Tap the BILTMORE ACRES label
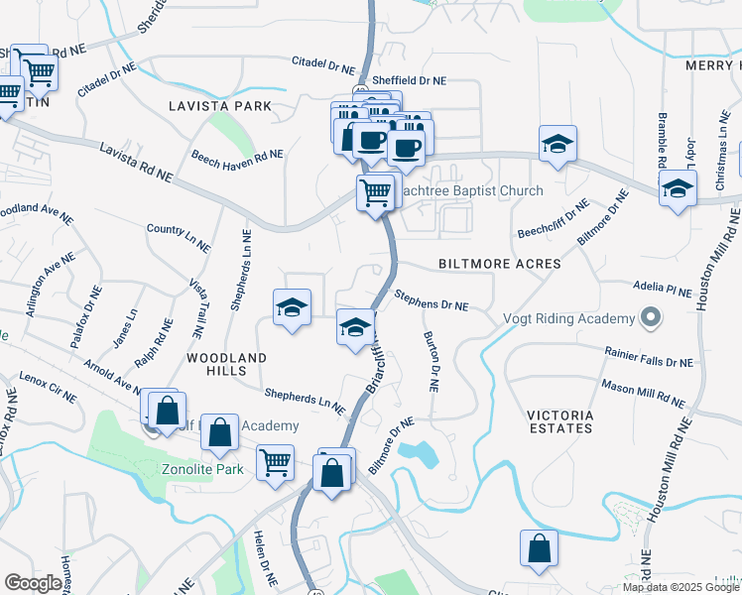point(500,264)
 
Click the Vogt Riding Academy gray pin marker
point(650,318)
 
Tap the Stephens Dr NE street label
point(431,300)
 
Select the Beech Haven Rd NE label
point(237,156)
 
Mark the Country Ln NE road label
point(179,236)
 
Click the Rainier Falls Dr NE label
point(649,357)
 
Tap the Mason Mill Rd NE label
point(643,394)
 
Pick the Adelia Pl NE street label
point(664,289)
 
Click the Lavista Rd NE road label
point(136,162)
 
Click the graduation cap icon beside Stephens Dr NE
point(355,327)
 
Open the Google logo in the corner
point(33,583)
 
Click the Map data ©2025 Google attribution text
point(680,586)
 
